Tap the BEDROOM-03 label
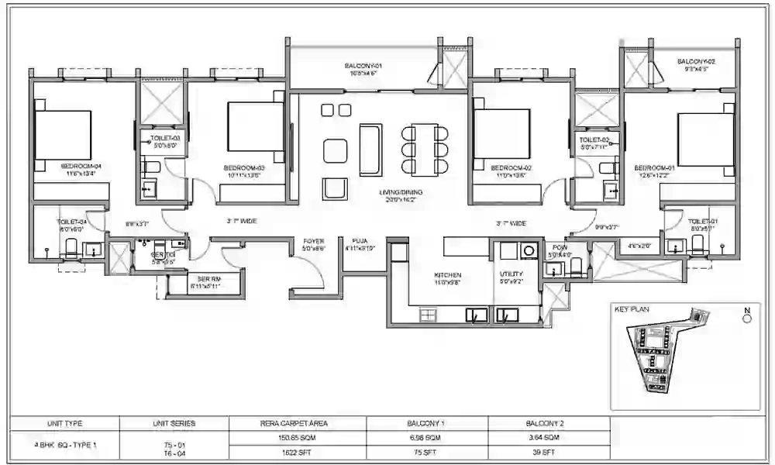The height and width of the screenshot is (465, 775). coord(245,167)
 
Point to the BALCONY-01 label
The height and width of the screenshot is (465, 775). coord(360,67)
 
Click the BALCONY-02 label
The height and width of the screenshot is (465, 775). coord(695,61)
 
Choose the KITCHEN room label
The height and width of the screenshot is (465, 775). coord(447,274)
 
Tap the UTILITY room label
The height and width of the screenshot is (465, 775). coord(511,274)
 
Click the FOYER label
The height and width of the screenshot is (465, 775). coord(313,241)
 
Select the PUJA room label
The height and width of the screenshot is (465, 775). coord(359,241)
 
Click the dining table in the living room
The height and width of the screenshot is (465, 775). coord(425,147)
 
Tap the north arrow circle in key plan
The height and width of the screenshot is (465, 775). coord(747,318)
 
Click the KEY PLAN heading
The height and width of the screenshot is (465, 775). coord(632,309)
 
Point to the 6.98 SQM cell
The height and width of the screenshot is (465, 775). coord(426,439)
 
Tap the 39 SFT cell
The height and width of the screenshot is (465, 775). coord(549,451)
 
